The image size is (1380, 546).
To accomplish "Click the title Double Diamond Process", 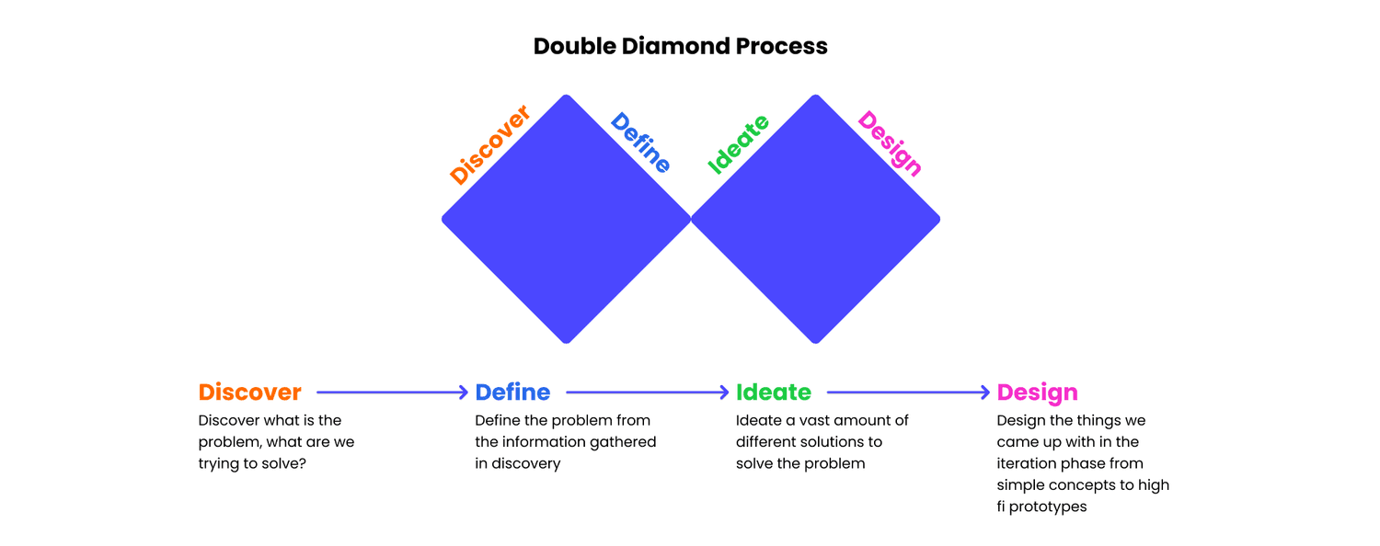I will (680, 46).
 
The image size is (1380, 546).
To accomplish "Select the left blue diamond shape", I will (566, 219).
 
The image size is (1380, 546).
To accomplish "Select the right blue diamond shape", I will (815, 219).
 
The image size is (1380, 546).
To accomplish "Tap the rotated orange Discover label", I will (490, 145).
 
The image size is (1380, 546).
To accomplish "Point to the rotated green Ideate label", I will (738, 145).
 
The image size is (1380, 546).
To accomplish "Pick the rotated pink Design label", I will (890, 142).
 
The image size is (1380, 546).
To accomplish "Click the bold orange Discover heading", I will (249, 392).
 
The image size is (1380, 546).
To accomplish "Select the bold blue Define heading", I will (512, 392).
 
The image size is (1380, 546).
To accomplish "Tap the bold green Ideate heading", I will (774, 392).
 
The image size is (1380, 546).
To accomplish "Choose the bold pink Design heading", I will (1037, 392).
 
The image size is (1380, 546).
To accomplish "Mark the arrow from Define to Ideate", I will (648, 392).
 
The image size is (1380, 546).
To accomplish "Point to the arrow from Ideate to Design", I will (908, 392).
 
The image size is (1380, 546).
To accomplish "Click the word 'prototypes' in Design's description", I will (1048, 506).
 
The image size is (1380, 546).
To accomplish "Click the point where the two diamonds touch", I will (691, 219).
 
